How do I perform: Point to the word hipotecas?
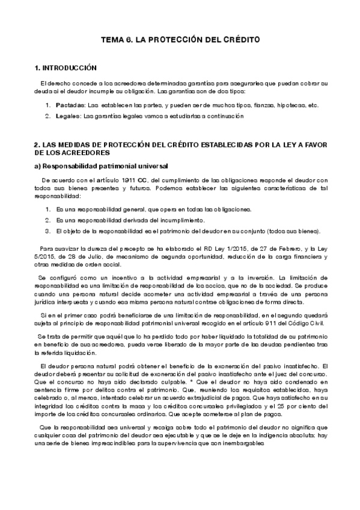290,105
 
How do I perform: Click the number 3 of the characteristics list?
48,231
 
